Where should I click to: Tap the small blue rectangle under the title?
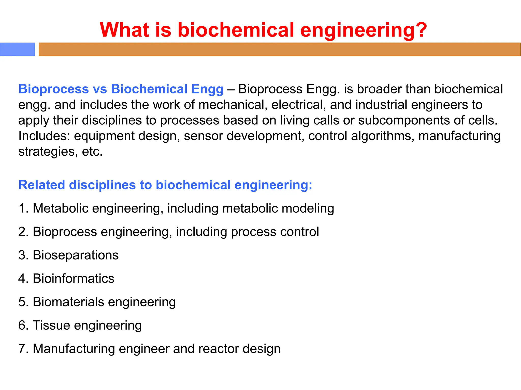[17, 49]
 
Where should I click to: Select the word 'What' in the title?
[124, 30]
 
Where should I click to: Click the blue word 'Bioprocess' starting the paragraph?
[53, 89]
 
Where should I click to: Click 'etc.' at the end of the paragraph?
[92, 152]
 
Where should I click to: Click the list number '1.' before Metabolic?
[23, 208]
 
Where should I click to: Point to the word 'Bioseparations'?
[76, 255]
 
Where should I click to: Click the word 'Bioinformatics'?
[74, 279]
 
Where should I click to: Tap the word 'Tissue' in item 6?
[51, 326]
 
